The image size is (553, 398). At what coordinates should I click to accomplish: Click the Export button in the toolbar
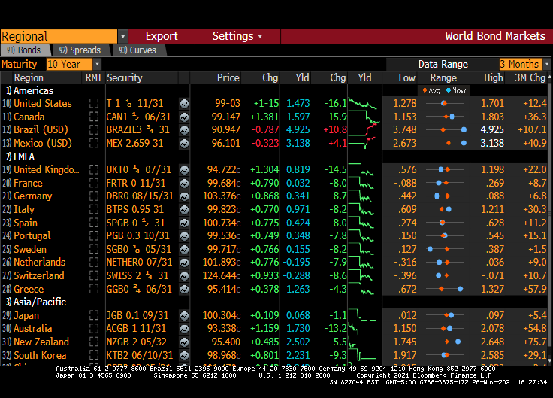point(162,36)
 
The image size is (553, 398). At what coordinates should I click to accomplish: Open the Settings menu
point(237,36)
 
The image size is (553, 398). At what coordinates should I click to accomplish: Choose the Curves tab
point(137,50)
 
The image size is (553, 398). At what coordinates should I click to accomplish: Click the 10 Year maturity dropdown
point(73,64)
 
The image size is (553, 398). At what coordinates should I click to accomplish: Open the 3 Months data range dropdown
point(524,64)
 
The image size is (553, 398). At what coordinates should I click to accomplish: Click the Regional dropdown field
point(64,36)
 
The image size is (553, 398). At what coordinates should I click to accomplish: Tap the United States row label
point(43,103)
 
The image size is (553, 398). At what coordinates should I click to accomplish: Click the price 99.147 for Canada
point(225,117)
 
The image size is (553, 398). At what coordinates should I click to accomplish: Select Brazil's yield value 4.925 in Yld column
point(298,130)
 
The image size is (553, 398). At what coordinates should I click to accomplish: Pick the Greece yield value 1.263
point(298,289)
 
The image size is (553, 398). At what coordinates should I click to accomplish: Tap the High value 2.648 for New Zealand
point(492,342)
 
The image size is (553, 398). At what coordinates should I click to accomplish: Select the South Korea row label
point(40,355)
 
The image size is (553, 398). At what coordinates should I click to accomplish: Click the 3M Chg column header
point(530,77)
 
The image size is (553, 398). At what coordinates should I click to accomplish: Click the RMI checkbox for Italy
point(94,210)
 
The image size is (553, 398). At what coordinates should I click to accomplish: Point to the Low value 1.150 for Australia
point(404,328)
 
